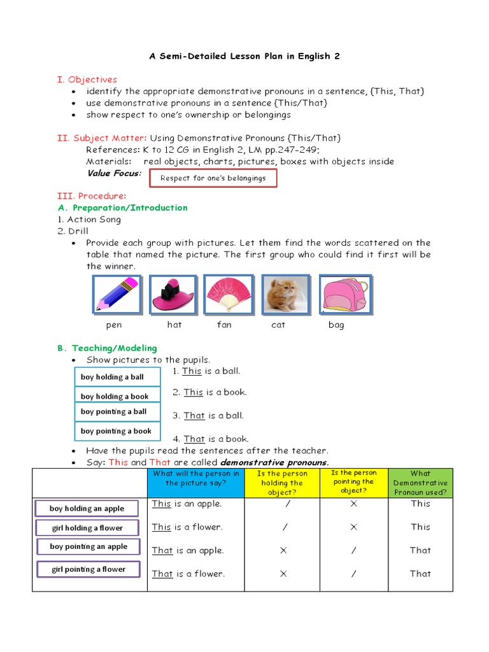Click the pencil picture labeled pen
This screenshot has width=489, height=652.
point(117,295)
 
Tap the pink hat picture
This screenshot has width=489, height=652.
point(172,295)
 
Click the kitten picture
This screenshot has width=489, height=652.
point(285,295)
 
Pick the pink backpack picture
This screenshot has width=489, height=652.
point(344,295)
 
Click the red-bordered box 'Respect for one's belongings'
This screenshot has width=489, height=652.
point(213,178)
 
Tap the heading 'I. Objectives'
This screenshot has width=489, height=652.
point(87,80)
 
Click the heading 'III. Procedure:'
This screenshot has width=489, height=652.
point(92,195)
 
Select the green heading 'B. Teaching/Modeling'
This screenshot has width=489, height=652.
point(107,348)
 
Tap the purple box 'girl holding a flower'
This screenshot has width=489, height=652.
point(88,528)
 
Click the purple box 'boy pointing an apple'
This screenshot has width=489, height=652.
point(89,547)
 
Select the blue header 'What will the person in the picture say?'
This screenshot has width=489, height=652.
point(195,483)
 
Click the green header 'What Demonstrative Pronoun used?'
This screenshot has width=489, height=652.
point(420,483)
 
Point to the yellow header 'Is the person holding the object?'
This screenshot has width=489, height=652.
point(281,483)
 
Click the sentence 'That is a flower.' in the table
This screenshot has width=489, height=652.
point(188,574)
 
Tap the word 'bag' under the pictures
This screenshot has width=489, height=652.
point(336,325)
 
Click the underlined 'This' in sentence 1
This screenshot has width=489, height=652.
point(192,371)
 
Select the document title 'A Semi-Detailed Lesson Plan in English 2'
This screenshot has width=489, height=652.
point(244,56)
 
